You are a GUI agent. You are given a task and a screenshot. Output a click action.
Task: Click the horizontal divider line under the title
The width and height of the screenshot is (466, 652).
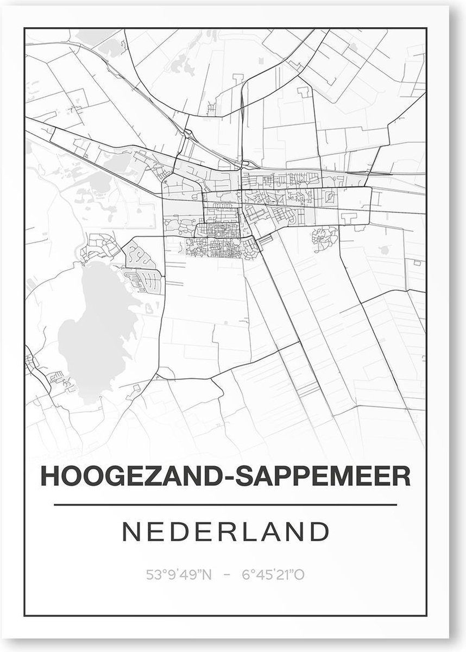pyautogui.click(x=226, y=505)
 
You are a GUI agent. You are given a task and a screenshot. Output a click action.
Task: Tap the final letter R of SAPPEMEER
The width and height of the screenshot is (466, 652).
pyautogui.click(x=402, y=477)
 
